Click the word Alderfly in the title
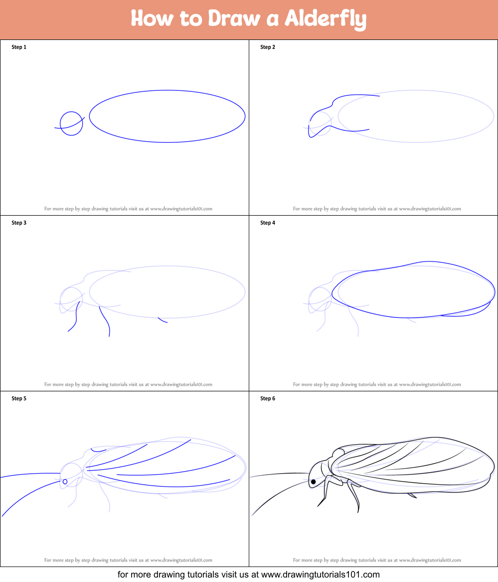[x=326, y=19]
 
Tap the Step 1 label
[x=19, y=47]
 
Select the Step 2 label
[x=268, y=47]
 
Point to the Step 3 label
[x=19, y=223]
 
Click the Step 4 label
[x=268, y=223]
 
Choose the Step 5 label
[x=19, y=399]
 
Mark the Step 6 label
[x=268, y=399]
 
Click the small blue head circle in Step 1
[x=71, y=123]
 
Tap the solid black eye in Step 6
[x=313, y=482]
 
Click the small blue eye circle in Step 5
[x=65, y=482]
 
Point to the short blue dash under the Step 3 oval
[x=163, y=320]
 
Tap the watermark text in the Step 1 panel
[x=128, y=209]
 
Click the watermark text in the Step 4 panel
[x=377, y=385]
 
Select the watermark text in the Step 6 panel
[x=377, y=561]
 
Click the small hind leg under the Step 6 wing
[x=412, y=495]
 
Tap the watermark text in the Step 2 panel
[x=377, y=209]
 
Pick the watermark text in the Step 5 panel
[x=128, y=561]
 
